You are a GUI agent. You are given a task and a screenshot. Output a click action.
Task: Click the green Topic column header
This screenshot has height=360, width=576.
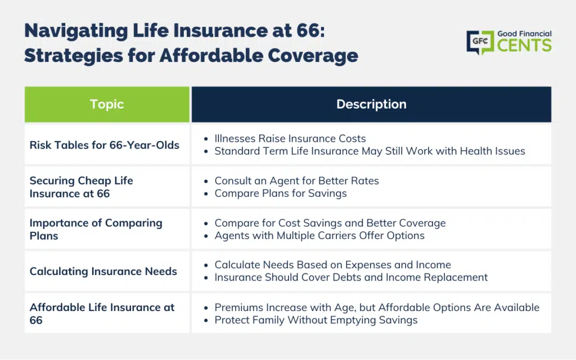(x=107, y=104)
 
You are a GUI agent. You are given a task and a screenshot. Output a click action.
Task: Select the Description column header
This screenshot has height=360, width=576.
(x=371, y=104)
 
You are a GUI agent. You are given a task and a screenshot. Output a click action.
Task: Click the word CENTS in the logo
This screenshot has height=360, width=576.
(x=524, y=46)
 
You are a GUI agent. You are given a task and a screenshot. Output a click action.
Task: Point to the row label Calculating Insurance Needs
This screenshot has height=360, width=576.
(x=103, y=272)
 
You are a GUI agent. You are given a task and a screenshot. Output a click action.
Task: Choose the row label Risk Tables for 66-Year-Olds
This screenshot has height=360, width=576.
(x=104, y=145)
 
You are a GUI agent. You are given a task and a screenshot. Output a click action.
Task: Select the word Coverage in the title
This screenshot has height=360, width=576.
(x=313, y=56)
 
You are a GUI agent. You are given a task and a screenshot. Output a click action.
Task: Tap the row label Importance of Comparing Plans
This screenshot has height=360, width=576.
(x=96, y=229)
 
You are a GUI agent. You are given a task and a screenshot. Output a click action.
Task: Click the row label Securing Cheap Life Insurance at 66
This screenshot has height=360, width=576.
(x=81, y=187)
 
